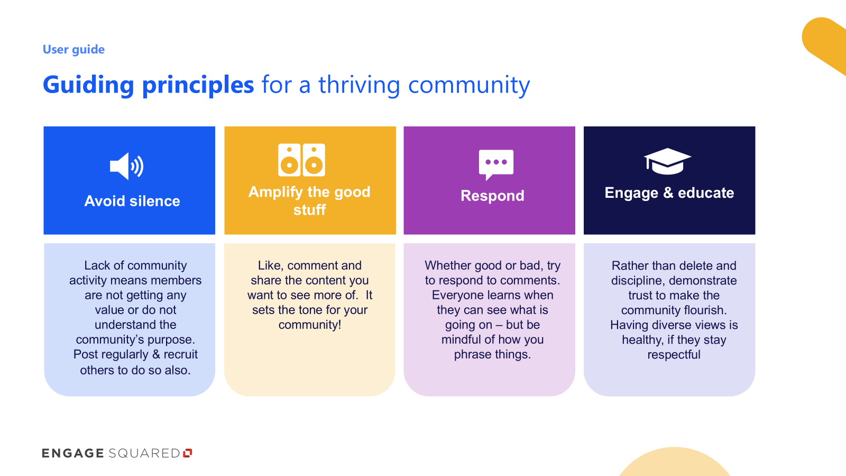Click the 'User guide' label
[73, 50]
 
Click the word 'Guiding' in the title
[88, 85]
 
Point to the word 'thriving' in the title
[359, 85]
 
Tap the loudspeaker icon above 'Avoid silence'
[126, 166]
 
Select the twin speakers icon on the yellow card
[301, 160]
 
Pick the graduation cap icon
[667, 161]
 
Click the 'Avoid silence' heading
[132, 201]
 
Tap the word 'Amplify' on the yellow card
[275, 193]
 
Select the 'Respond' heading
[492, 196]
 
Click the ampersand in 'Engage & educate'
[668, 193]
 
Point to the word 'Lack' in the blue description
[97, 265]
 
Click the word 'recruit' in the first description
[180, 354]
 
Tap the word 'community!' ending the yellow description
[310, 325]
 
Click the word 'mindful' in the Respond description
[461, 339]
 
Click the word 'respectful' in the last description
[674, 355]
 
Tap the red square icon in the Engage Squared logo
[188, 453]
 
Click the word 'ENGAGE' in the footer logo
[73, 453]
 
